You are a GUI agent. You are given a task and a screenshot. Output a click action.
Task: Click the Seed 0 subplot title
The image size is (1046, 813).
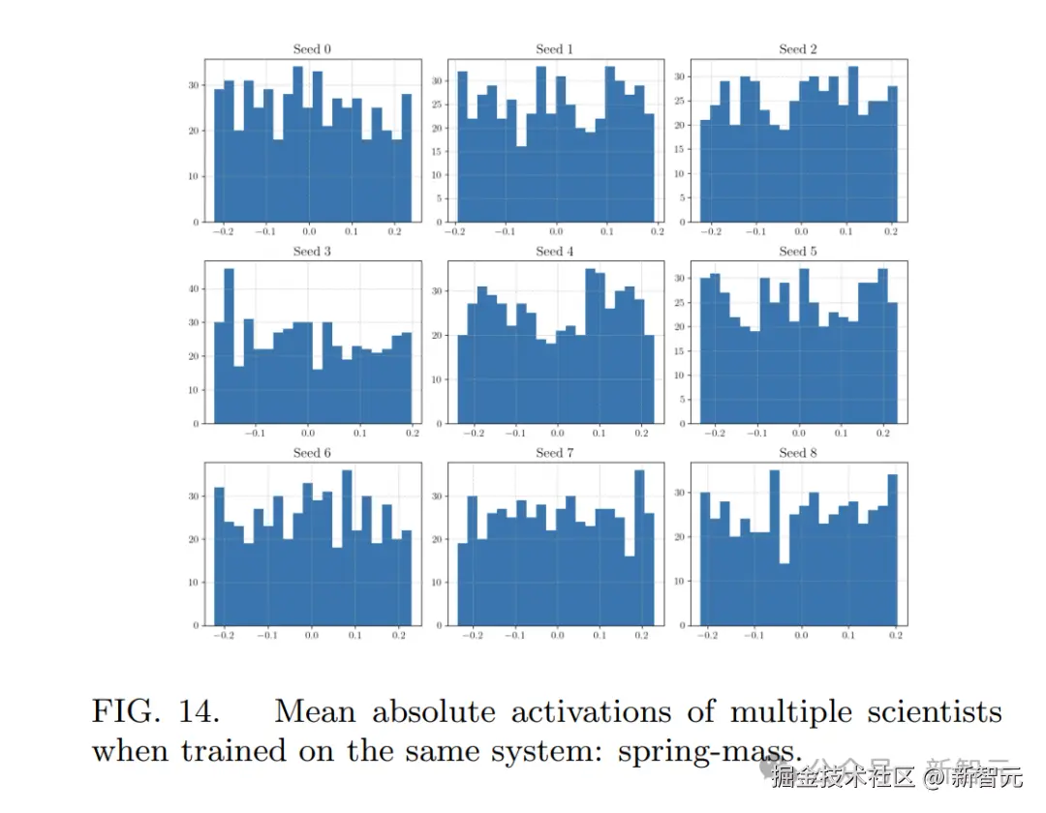click(x=307, y=49)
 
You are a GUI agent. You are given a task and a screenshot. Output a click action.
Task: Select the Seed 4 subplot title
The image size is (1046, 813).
click(x=549, y=252)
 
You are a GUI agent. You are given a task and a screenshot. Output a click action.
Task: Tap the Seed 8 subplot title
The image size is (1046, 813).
click(x=792, y=453)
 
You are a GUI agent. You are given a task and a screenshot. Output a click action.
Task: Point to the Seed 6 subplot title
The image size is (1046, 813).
click(x=307, y=453)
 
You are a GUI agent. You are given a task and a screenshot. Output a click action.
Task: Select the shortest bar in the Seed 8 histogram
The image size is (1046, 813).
click(x=784, y=593)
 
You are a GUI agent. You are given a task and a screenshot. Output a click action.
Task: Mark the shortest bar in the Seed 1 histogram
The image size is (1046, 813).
click(x=521, y=184)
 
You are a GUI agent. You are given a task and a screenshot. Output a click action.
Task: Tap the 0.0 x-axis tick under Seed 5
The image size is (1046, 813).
click(x=800, y=434)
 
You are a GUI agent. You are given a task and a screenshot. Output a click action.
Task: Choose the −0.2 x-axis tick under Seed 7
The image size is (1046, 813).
click(x=473, y=636)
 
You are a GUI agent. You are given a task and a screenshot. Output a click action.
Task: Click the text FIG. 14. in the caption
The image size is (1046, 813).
click(x=155, y=712)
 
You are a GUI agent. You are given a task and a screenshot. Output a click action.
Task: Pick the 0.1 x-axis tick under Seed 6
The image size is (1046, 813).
click(x=354, y=636)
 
